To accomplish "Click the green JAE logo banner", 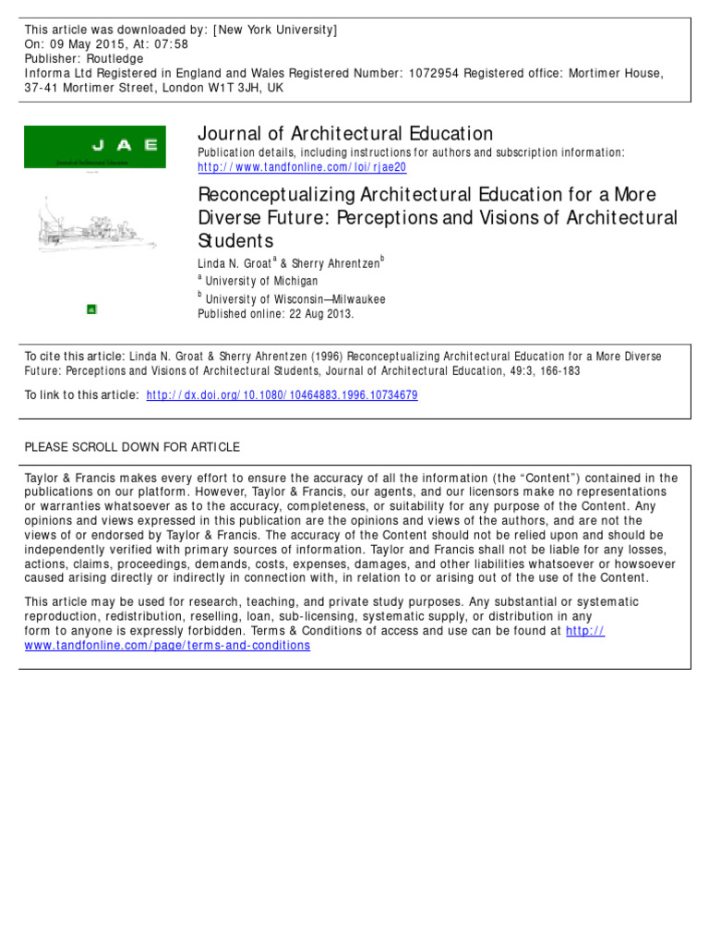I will (94, 146).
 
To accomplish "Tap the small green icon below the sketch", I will (91, 309).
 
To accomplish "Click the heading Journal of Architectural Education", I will (345, 134).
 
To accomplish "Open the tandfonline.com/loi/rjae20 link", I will (302, 167).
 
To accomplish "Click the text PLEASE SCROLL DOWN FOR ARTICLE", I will (132, 447).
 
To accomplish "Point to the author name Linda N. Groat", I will (234, 263).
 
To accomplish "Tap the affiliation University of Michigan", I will (261, 281).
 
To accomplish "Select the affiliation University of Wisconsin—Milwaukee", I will (295, 299).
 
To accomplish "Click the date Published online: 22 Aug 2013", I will (276, 313).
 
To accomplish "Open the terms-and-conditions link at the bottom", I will (167, 645).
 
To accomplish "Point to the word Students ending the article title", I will (236, 242).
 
